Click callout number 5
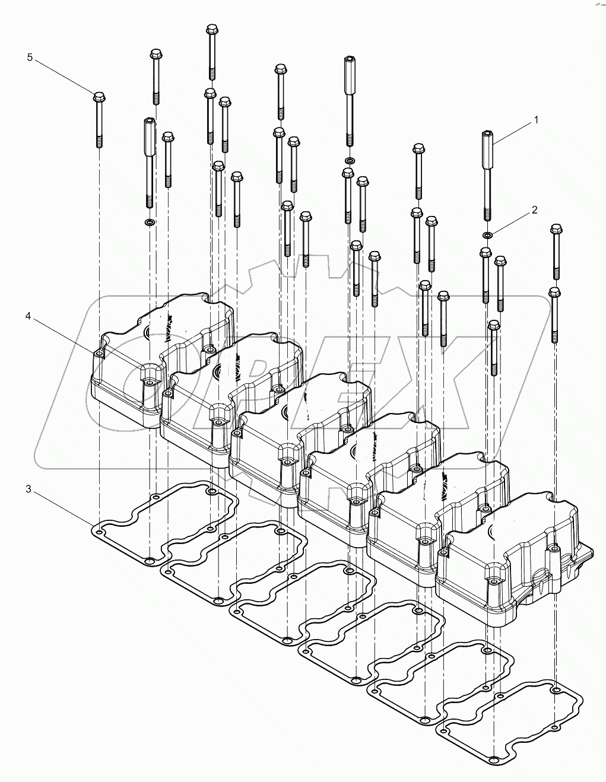click(x=30, y=57)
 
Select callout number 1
click(x=536, y=120)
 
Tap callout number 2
click(x=534, y=210)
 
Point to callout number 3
click(x=28, y=489)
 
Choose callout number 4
click(x=28, y=316)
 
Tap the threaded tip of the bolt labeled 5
click(x=99, y=141)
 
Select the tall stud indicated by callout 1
click(x=487, y=172)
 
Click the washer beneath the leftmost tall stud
click(x=149, y=222)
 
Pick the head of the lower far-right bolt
click(x=554, y=292)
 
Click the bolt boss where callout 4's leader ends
click(x=99, y=355)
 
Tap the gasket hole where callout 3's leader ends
click(x=99, y=526)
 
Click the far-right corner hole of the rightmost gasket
click(x=555, y=690)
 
